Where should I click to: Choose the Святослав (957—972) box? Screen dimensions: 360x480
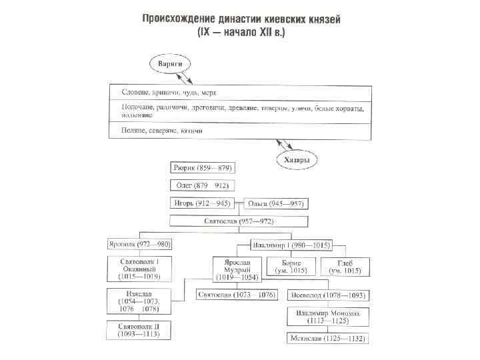238,221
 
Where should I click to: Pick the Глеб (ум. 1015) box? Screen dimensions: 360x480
345,267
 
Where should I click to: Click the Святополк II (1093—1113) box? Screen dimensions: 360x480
137,331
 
